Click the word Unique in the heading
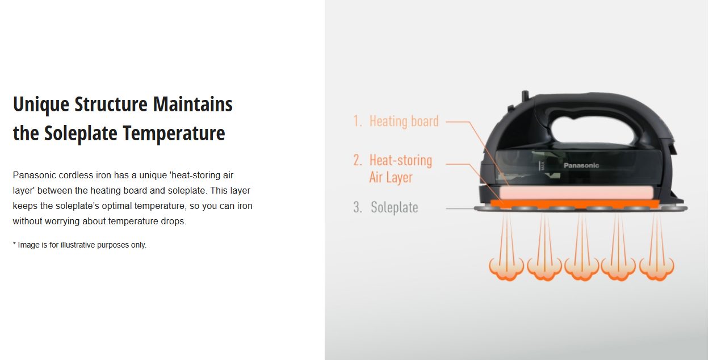click(41, 104)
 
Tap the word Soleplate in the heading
click(81, 133)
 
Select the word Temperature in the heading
click(174, 133)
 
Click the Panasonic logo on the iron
click(581, 165)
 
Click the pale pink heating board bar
click(576, 192)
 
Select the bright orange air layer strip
click(574, 204)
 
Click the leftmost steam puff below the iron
click(506, 269)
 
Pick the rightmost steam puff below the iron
click(657, 269)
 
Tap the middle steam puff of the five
click(582, 269)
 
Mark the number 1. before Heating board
click(358, 122)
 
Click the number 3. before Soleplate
click(358, 207)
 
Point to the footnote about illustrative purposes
click(79, 245)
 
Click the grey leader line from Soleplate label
click(460, 208)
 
